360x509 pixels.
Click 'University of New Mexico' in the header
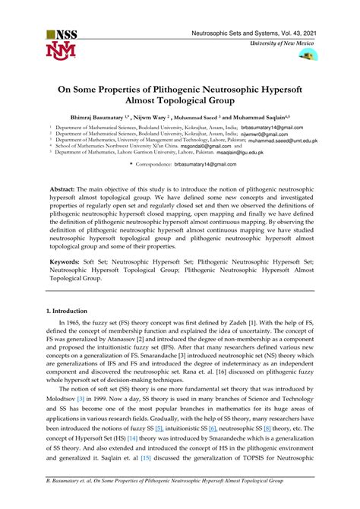pos(279,44)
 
